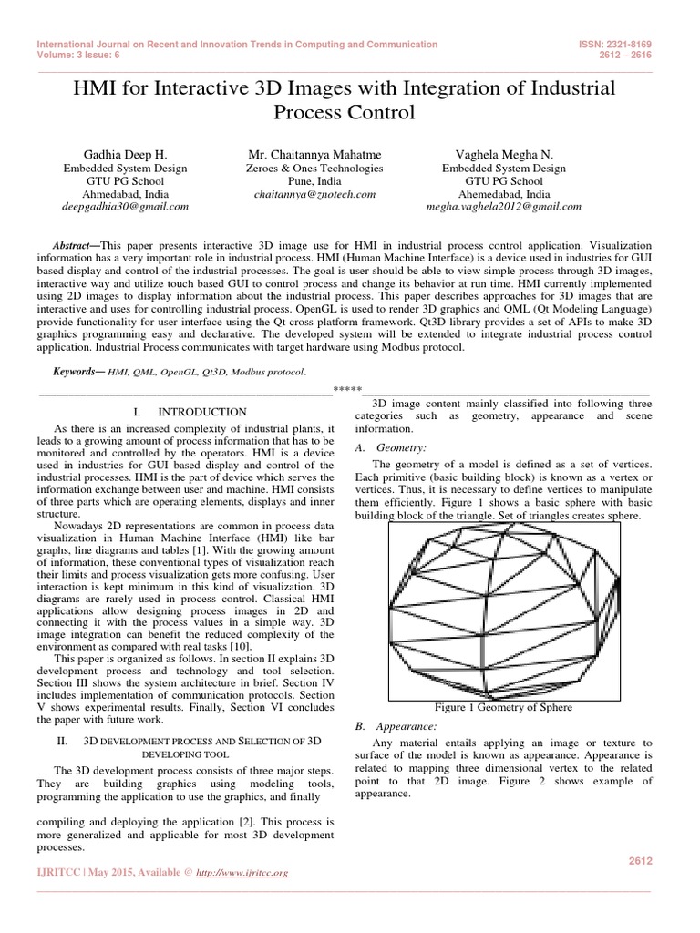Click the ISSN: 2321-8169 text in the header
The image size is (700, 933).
coord(616,44)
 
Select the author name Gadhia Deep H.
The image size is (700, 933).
coord(123,155)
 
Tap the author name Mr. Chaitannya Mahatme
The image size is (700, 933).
coord(315,155)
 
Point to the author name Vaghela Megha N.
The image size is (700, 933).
coord(504,155)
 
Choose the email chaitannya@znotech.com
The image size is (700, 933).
coord(315,194)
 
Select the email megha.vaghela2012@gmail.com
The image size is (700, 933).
coord(504,207)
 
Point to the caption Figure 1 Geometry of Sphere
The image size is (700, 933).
coord(503,707)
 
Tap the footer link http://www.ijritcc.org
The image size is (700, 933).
coord(244,872)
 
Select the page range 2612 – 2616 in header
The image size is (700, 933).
coord(628,54)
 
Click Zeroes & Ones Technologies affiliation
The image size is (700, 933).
coord(315,169)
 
